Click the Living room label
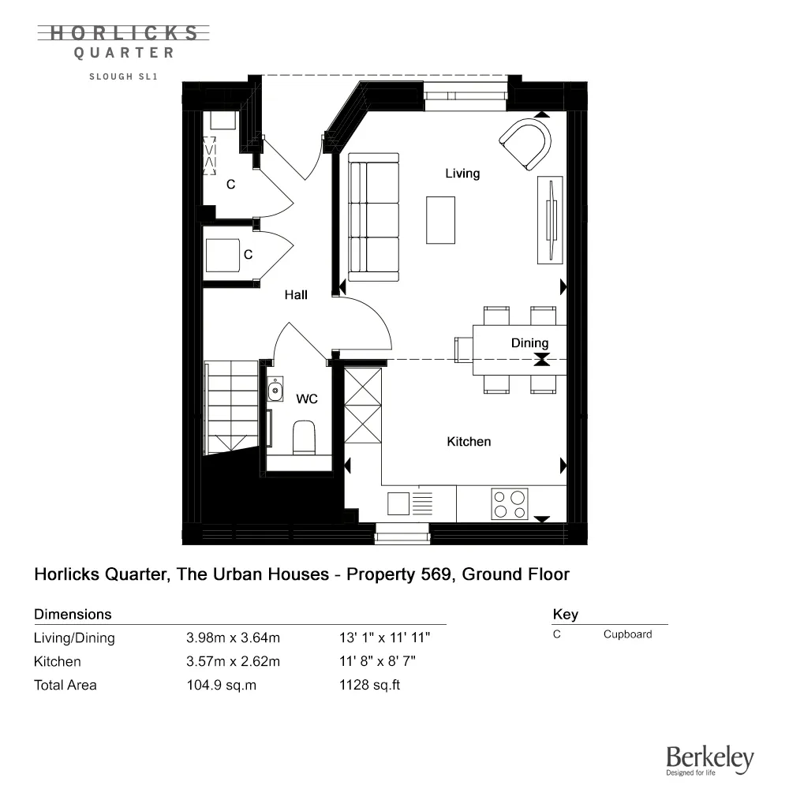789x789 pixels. click(462, 173)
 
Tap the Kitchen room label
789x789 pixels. click(469, 442)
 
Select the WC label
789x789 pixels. click(307, 399)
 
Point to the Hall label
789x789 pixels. click(296, 294)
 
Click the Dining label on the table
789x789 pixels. click(529, 342)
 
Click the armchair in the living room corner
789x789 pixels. click(526, 143)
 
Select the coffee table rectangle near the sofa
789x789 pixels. click(441, 219)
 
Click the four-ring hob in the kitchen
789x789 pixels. click(510, 504)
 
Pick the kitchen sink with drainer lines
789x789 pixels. click(410, 503)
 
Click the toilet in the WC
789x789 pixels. click(303, 437)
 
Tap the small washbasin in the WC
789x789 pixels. click(275, 389)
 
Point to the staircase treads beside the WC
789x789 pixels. click(231, 406)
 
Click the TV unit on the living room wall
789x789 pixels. click(549, 220)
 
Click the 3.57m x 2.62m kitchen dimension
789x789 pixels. click(233, 661)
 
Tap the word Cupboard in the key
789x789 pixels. click(627, 634)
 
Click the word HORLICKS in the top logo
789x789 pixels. click(124, 33)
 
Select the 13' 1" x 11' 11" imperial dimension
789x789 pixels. click(384, 638)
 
